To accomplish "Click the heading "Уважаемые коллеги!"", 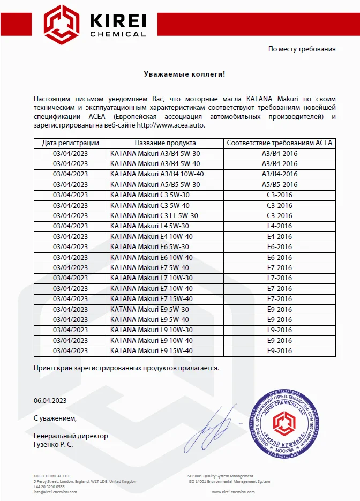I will click(x=185, y=74).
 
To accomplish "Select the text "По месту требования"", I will click(x=302, y=49).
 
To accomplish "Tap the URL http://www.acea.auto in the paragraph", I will click(x=171, y=125).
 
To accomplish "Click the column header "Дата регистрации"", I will click(x=70, y=143).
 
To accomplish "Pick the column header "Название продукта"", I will click(x=165, y=143).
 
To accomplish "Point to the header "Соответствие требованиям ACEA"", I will click(x=280, y=143).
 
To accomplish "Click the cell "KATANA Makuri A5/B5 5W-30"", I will click(x=155, y=184).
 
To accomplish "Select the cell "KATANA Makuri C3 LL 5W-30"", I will click(x=154, y=215).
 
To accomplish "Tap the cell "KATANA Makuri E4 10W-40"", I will click(x=151, y=236).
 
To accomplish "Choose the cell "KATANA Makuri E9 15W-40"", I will click(x=151, y=350).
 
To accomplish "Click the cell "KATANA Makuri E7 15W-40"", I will click(x=151, y=298).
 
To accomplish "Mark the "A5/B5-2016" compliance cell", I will click(x=280, y=184).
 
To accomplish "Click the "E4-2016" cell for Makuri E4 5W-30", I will click(x=280, y=226).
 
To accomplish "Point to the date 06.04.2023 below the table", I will click(x=50, y=400).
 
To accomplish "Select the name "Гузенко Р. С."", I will click(x=54, y=445).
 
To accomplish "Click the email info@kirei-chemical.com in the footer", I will click(x=55, y=492).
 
